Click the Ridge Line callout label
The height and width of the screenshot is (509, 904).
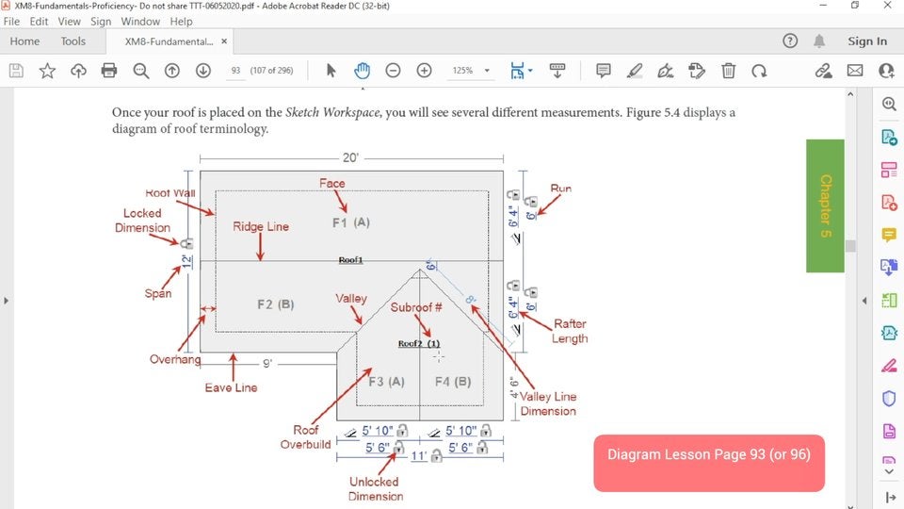[x=261, y=226]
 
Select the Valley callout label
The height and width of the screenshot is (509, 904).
[x=351, y=299]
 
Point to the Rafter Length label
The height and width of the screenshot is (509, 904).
[x=571, y=331]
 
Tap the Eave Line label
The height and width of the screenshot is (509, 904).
[x=231, y=387]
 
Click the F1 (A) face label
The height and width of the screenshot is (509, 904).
[x=351, y=222]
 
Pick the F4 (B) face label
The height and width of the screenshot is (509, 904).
[x=452, y=382]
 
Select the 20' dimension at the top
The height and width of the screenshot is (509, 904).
[x=349, y=158]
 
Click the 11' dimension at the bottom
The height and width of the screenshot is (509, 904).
[x=420, y=456]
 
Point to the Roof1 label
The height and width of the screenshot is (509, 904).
[x=350, y=259]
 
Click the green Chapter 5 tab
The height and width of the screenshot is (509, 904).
[x=825, y=205]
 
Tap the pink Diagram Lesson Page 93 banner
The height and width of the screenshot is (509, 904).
[x=708, y=454]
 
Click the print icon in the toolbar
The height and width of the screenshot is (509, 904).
[x=109, y=71]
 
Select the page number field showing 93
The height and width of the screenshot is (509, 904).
[x=235, y=71]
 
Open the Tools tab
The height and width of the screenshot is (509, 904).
[x=73, y=41]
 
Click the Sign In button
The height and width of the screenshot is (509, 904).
[x=867, y=41]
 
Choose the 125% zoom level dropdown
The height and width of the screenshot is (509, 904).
[x=471, y=71]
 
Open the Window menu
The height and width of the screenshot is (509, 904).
[x=140, y=21]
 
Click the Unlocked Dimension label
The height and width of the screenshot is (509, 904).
[x=375, y=488]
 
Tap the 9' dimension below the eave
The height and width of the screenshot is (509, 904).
[x=267, y=363]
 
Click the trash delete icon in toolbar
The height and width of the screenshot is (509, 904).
[x=728, y=71]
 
